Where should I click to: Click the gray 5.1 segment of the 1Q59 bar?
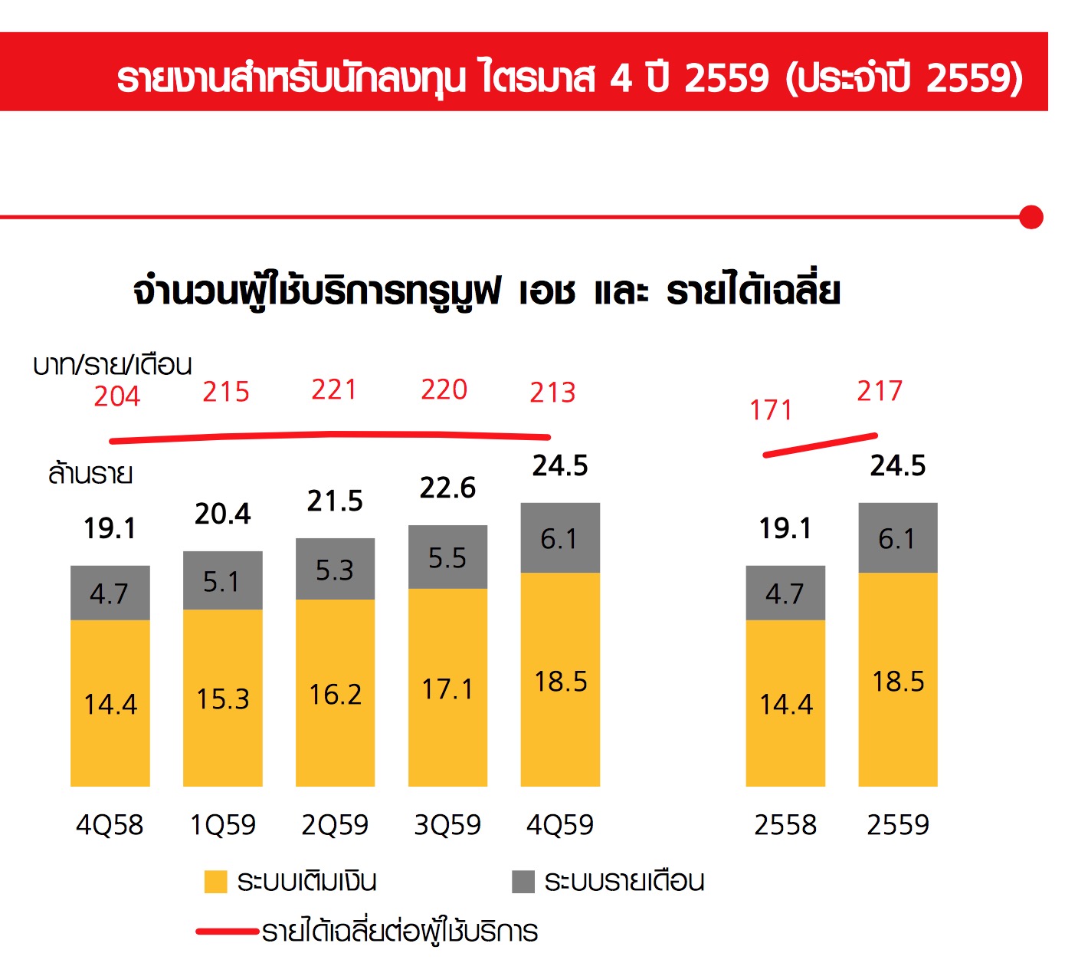pos(222,580)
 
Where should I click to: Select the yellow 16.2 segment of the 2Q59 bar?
pos(335,693)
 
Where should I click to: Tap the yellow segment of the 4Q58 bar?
pos(110,703)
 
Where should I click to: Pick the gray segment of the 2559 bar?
pos(897,537)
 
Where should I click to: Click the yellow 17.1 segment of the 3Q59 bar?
pos(447,688)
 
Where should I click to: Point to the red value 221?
pos(334,389)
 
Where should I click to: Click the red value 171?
pos(771,410)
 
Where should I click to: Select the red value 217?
pos(880,391)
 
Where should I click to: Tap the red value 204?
pos(117,396)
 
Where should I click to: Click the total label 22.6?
pos(447,488)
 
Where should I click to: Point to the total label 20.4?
pos(222,514)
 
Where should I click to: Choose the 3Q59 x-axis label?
pos(447,825)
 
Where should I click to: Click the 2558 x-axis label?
pos(785,825)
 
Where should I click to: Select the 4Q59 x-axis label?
pos(560,825)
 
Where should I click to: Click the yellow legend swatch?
pos(215,882)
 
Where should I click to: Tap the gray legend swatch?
pos(523,882)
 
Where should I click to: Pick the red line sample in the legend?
pos(227,932)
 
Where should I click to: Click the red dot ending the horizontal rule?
pos(1031,218)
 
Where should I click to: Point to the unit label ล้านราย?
pos(90,474)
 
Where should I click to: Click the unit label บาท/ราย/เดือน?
pos(113,365)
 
